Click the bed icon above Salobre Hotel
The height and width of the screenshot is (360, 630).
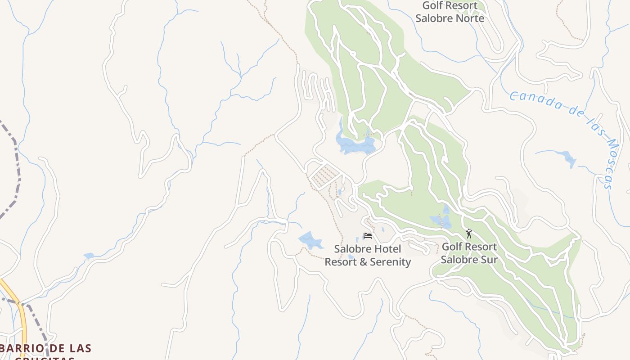368,236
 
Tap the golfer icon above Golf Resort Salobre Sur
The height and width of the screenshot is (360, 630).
469,234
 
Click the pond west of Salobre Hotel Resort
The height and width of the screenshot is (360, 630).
310,241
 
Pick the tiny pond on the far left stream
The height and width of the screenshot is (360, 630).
89,256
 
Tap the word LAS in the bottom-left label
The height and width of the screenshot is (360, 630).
81,348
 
